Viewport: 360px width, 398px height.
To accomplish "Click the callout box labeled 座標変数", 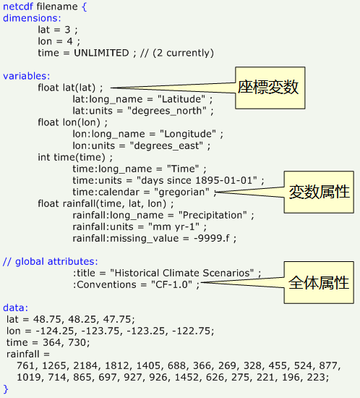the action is point(270,88).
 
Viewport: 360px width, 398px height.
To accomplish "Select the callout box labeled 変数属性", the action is point(319,192).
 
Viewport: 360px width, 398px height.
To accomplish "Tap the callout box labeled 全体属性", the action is point(319,282).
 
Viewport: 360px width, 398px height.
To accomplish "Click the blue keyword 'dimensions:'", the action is point(32,18).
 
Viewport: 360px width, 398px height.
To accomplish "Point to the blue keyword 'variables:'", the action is point(27,76).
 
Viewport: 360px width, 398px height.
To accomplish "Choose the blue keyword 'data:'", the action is point(15,308).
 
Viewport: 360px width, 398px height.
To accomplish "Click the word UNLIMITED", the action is point(101,53).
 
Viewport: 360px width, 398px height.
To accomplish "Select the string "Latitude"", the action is point(181,99).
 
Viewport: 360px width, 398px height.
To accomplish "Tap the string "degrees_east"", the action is point(166,146).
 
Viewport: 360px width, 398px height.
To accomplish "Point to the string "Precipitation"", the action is point(213,215).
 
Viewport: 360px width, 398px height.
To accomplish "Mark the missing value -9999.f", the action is point(212,239).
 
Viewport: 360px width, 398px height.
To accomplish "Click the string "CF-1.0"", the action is point(171,285).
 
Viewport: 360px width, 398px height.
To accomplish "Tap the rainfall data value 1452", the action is point(187,378).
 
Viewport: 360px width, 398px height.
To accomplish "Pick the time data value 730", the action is point(77,343).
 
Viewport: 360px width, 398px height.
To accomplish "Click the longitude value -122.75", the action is point(192,331).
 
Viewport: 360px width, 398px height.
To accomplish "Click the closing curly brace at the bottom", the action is point(6,389).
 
